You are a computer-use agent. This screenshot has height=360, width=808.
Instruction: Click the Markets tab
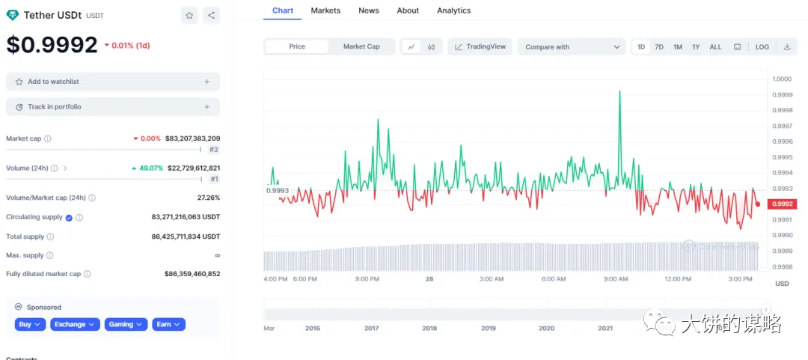[325, 10]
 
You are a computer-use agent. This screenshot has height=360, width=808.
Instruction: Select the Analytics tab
[453, 10]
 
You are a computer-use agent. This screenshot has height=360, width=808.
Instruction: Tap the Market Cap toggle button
[361, 46]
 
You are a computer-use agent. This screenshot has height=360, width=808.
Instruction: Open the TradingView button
[480, 46]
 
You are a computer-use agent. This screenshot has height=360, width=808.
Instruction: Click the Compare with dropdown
[572, 46]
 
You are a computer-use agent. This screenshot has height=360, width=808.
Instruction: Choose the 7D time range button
[659, 46]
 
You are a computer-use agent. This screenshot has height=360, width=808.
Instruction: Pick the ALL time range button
[715, 46]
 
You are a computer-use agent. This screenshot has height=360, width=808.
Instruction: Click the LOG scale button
[762, 46]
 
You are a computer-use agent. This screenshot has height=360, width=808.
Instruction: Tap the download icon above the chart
[787, 46]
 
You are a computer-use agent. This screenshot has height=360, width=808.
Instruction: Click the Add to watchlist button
[113, 82]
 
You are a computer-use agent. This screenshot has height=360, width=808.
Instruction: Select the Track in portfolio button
[113, 107]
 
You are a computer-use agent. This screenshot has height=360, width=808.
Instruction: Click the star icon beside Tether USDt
[189, 15]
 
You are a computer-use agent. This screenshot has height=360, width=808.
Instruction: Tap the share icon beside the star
[211, 15]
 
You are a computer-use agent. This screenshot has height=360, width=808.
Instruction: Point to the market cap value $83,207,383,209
[192, 138]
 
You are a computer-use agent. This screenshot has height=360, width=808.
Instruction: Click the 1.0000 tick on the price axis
[783, 79]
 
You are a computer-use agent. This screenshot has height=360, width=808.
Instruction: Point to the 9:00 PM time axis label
[367, 279]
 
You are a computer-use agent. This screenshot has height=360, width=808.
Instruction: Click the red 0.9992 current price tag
[782, 204]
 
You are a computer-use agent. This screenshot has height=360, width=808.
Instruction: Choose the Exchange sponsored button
[75, 324]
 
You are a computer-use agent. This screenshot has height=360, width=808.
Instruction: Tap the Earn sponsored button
[168, 324]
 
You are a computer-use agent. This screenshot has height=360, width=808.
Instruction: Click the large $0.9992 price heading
[52, 45]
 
